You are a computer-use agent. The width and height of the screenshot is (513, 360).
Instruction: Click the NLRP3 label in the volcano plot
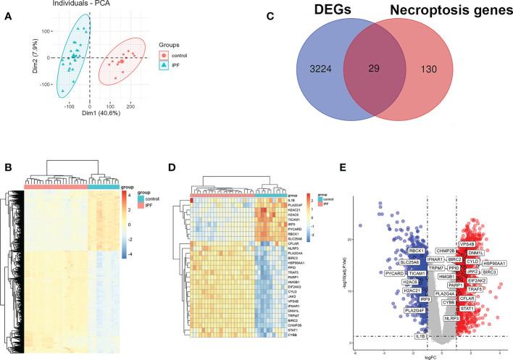452,318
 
